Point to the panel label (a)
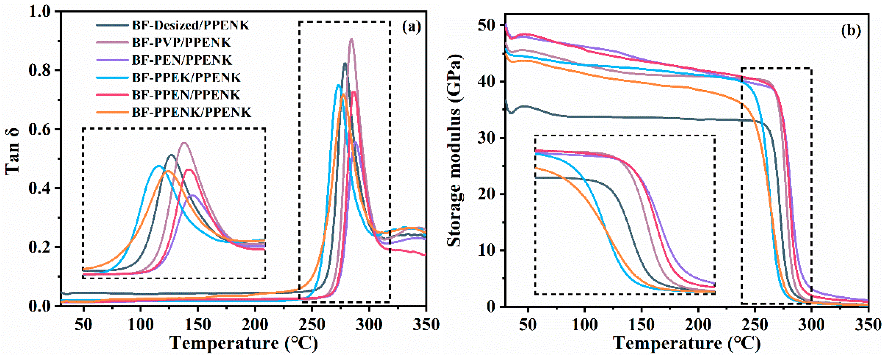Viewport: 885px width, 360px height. coord(411,27)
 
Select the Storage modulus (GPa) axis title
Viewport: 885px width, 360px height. coord(456,151)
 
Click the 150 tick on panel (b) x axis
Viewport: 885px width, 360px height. coord(641,325)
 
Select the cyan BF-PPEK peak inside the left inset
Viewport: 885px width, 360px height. coord(158,166)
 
